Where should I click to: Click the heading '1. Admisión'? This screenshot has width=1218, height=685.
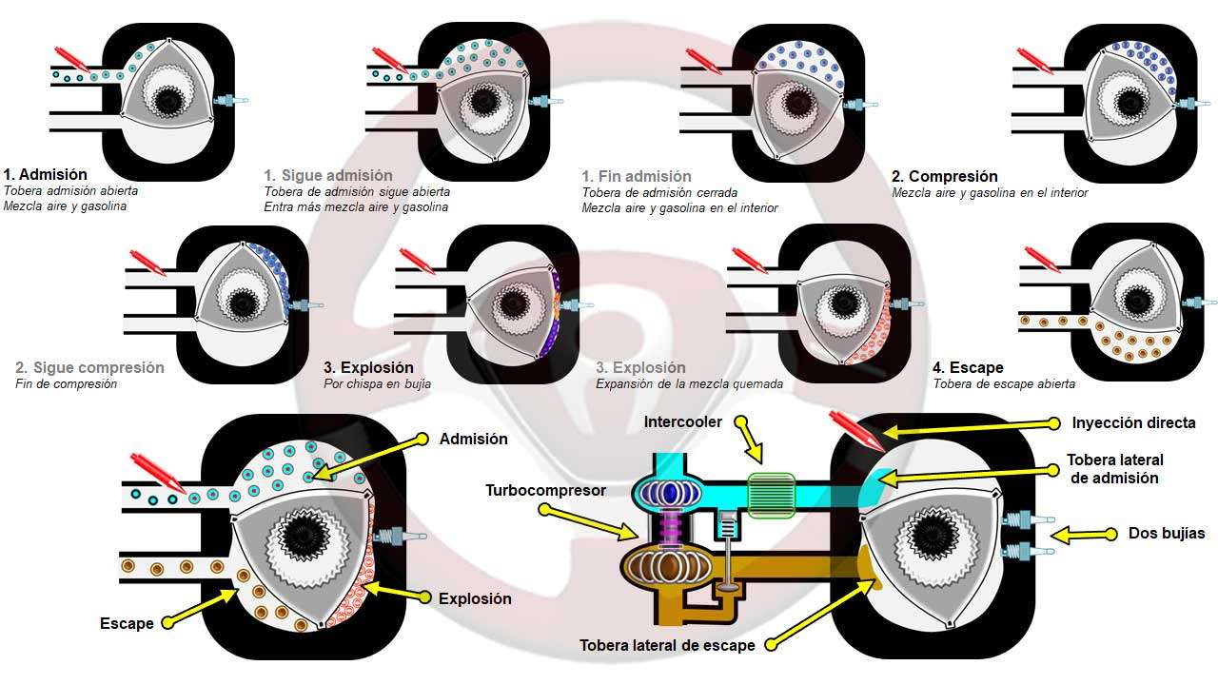pos(45,175)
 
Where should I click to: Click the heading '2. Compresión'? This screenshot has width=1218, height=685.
pos(944,176)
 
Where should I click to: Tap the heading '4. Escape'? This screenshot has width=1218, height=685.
pos(968,367)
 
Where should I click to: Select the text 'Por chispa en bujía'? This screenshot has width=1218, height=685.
pos(377,384)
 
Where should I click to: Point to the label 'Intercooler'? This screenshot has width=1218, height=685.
pos(682,421)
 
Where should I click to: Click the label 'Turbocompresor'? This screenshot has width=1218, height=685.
pos(544,491)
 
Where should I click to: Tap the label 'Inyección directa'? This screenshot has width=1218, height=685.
pos(1133,422)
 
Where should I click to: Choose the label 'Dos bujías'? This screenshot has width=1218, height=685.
pos(1167,534)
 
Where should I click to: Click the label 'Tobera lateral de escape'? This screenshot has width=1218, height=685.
pos(667,645)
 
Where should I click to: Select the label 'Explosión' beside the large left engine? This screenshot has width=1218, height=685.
pos(475,598)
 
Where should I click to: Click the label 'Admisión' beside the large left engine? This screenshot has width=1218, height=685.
pos(473,439)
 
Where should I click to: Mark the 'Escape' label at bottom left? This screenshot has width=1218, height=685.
pos(127,624)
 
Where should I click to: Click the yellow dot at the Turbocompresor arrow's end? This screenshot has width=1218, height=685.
pos(544,510)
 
